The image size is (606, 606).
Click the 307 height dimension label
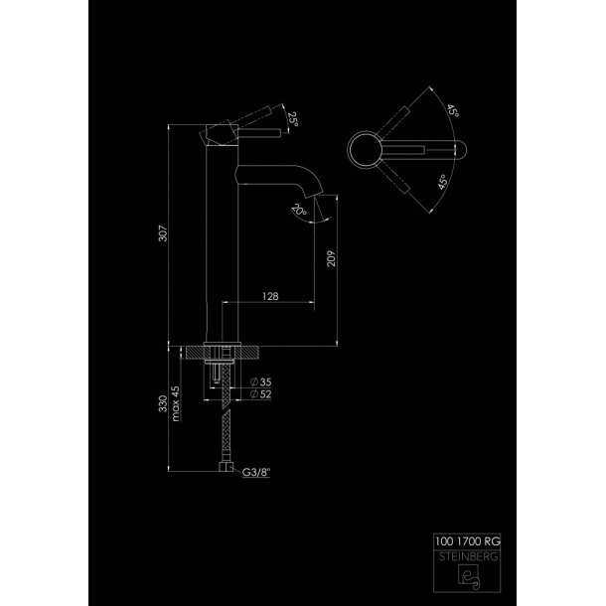164,233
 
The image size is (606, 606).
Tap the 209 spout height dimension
331,258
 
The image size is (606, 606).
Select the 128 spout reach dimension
270,296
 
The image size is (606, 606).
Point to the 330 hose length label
163,403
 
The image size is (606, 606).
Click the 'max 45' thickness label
176,403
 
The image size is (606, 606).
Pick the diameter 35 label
261,382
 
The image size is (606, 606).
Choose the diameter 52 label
261,394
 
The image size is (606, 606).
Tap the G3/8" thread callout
256,472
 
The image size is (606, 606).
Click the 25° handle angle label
293,119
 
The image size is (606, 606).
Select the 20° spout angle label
299,211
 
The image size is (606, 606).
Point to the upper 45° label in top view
453,110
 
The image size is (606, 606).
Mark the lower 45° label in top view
443,182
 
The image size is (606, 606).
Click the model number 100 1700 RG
468,541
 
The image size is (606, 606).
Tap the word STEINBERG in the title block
469,557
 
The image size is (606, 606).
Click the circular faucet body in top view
365,150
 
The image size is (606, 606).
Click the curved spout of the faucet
279,179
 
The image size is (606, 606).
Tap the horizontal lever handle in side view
259,133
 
